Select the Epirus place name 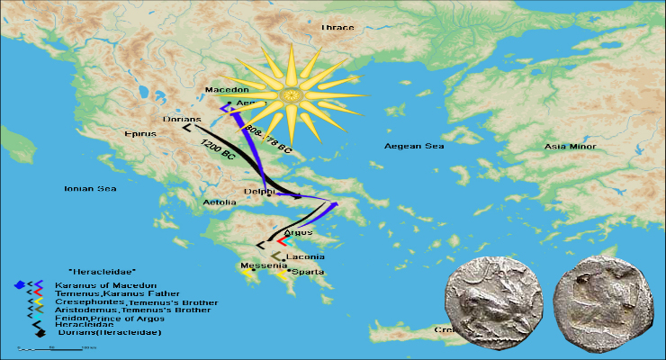(x=139, y=134)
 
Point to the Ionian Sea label (x=90, y=189)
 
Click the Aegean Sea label (x=414, y=146)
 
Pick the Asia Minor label (x=571, y=146)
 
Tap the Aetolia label (x=220, y=202)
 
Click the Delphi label (x=259, y=192)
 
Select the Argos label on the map (x=297, y=232)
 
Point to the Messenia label (x=259, y=265)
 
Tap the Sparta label (x=307, y=271)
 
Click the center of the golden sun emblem (x=291, y=94)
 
